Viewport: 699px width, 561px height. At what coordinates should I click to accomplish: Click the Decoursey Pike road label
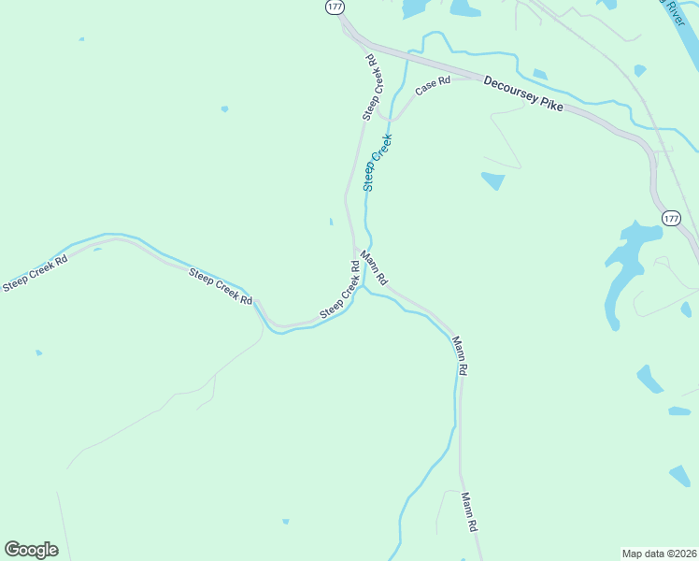tap(523, 94)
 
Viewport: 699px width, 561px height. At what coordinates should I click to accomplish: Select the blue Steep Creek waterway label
tap(378, 163)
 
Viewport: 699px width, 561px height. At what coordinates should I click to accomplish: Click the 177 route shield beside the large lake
tap(670, 218)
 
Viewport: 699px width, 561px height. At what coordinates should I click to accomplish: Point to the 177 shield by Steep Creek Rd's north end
tap(335, 7)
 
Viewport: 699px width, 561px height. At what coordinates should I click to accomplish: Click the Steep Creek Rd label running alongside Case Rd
tap(371, 87)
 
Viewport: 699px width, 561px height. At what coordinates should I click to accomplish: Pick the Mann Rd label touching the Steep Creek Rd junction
tap(374, 268)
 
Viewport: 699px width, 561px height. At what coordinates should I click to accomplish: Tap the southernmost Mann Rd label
tap(469, 513)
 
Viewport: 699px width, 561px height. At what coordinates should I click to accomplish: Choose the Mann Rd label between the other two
tap(460, 355)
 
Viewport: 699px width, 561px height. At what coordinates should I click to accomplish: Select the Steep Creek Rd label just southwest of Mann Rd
tap(341, 290)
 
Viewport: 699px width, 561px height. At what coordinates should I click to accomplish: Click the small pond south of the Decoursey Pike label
tap(492, 180)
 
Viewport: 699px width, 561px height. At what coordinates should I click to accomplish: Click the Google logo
tap(31, 550)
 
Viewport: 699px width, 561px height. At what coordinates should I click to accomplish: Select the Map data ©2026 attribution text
tap(659, 553)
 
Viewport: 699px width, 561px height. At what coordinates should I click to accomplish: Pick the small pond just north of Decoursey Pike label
tap(539, 74)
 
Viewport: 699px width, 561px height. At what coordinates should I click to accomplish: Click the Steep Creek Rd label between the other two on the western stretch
tap(221, 287)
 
